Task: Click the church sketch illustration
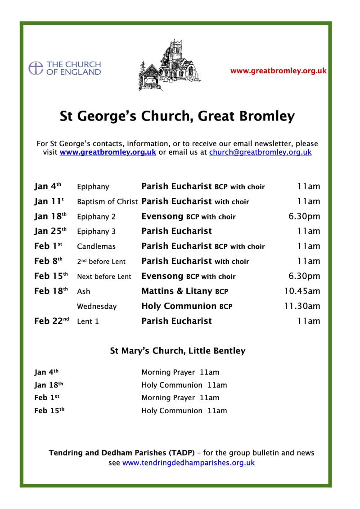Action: (x=169, y=66)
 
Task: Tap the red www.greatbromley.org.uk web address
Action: (x=278, y=71)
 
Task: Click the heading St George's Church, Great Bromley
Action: (x=177, y=116)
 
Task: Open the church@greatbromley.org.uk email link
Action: (x=260, y=152)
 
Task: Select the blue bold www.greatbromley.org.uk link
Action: (x=108, y=152)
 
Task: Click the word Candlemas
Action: (x=96, y=246)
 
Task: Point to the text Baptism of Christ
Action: (x=107, y=201)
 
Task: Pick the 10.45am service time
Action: (x=301, y=291)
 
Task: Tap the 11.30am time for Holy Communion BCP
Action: (x=301, y=306)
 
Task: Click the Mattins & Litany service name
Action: (x=177, y=291)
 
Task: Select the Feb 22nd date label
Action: (x=51, y=321)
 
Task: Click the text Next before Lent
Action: (x=104, y=277)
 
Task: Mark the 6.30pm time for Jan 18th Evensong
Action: (x=304, y=216)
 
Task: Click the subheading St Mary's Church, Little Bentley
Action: (x=178, y=351)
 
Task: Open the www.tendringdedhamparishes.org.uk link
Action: (x=188, y=462)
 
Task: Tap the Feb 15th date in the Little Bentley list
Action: (x=49, y=411)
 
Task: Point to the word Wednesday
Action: (x=97, y=306)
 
